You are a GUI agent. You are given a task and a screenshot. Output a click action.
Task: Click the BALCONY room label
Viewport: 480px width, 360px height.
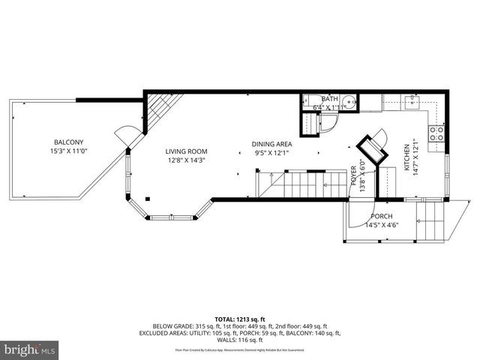(68, 142)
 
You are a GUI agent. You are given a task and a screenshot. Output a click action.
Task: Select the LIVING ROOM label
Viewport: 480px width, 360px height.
(185, 151)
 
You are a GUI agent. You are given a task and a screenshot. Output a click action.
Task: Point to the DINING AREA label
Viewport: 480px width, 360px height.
(271, 145)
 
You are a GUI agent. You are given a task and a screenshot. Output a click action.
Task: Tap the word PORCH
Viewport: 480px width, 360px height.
(382, 217)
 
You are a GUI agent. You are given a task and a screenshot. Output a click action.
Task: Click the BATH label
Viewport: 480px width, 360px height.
(329, 99)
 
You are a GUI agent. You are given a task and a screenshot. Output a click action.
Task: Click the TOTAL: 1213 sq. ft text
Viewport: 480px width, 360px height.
(240, 319)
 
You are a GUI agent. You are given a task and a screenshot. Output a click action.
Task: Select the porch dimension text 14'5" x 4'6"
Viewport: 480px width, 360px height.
(382, 225)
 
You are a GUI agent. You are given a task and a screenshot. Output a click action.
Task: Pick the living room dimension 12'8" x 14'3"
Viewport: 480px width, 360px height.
(185, 160)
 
